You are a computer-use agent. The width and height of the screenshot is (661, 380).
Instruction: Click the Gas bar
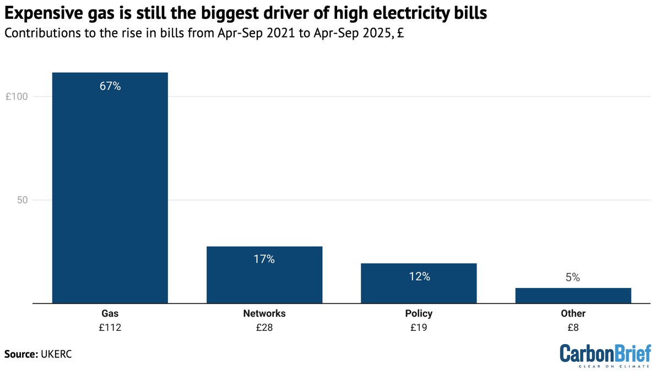(x=110, y=188)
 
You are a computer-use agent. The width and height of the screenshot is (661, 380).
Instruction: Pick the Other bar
(x=573, y=296)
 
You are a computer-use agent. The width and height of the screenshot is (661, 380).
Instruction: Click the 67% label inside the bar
(x=110, y=87)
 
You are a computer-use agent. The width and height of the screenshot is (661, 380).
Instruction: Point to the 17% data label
(x=264, y=259)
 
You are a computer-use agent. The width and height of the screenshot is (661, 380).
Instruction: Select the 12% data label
(x=419, y=276)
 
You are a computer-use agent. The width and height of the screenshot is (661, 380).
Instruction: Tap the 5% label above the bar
(x=573, y=278)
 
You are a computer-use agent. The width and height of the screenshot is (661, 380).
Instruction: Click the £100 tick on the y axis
(x=17, y=97)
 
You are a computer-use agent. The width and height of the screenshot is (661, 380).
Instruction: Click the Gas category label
(x=110, y=313)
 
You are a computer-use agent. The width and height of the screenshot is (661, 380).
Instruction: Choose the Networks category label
(x=264, y=313)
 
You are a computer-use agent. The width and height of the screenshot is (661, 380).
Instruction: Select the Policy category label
(x=419, y=313)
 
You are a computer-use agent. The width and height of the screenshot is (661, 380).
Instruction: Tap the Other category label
(x=573, y=313)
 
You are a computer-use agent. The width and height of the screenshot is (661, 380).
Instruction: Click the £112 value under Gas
(x=110, y=328)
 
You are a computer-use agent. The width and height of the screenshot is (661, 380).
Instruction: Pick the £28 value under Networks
(x=264, y=328)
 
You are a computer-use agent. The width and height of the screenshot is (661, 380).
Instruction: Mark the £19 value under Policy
(x=419, y=328)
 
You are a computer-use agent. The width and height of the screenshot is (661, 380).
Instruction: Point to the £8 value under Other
(x=573, y=328)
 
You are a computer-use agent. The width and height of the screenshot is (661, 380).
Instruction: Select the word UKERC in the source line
(x=56, y=354)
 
